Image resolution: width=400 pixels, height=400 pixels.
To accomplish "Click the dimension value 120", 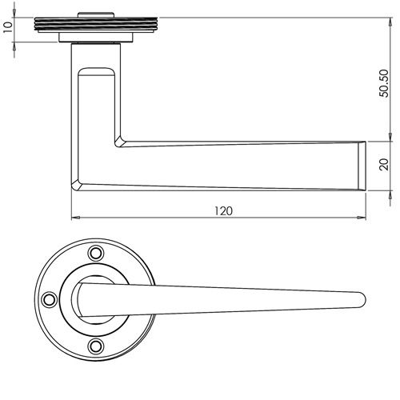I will coord(223,210).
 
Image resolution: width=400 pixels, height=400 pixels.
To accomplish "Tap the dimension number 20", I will coord(383,165).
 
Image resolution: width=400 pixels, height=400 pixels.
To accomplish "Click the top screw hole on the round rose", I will coord(98,252).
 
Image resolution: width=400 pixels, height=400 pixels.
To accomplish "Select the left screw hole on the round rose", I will coord(50,298).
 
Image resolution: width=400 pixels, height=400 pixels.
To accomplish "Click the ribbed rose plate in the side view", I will coord(97,25).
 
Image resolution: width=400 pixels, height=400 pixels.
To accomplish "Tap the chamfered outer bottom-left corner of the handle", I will coord(76,184).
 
